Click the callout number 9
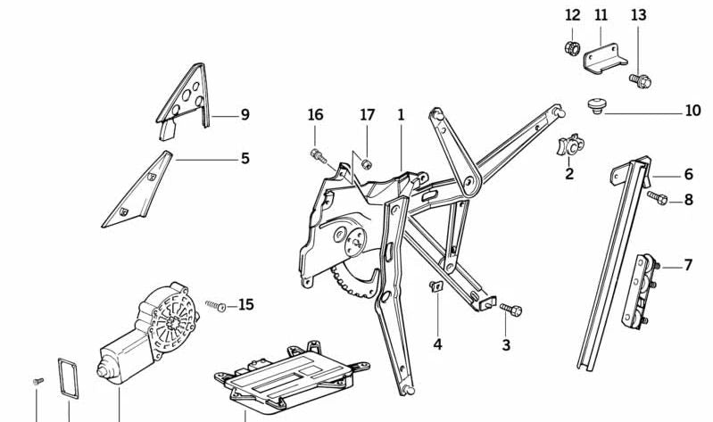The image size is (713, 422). point(245,114)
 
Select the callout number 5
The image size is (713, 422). point(245,159)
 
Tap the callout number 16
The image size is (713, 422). point(315,115)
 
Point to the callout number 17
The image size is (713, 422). point(368,115)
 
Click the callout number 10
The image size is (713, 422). point(692,112)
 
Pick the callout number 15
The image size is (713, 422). point(245,305)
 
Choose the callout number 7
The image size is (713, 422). point(688,265)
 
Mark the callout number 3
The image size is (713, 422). point(506,344)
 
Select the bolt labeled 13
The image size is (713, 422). point(640,80)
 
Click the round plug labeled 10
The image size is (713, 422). point(596,106)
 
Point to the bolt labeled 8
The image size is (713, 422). point(657,197)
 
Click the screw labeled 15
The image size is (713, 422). point(215,306)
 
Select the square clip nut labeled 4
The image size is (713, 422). point(437,287)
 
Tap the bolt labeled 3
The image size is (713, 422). point(510,310)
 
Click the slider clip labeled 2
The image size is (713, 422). point(568,144)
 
